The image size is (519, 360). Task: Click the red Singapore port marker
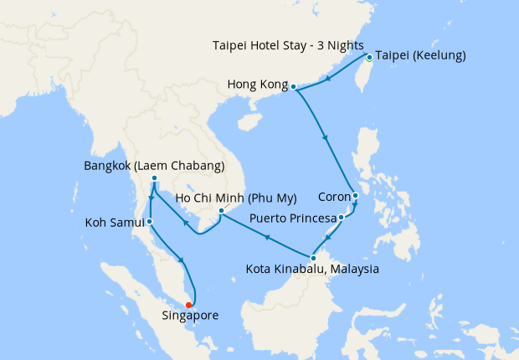189,305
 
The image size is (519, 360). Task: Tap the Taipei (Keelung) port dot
368,58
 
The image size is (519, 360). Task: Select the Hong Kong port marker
294,85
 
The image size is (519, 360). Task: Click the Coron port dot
355,197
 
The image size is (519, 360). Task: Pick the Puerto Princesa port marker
342,218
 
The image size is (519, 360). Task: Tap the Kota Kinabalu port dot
313,258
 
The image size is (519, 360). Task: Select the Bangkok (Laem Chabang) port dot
155,178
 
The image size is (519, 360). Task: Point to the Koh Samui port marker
149,222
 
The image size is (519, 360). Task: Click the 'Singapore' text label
191,316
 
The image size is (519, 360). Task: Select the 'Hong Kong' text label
257,85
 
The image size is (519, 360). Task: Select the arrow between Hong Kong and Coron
324,138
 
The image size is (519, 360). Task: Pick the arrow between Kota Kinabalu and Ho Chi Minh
265,238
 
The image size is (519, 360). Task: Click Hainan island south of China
249,122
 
